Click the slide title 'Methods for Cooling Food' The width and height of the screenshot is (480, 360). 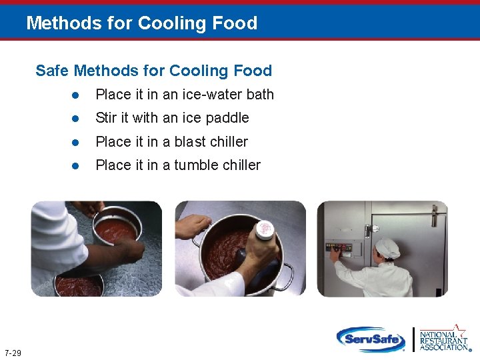[141, 23]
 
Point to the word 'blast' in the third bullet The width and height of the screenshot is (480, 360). [190, 141]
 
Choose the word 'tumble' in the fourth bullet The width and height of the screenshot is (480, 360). [195, 165]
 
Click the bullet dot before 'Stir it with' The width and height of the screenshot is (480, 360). [76, 119]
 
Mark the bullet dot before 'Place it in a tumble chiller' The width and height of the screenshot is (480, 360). [76, 165]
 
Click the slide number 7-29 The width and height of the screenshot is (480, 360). [12, 353]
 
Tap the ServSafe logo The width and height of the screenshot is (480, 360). [371, 339]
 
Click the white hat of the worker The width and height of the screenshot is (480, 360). [387, 248]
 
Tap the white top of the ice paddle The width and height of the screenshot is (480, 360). [265, 230]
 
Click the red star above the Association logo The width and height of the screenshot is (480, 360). [459, 330]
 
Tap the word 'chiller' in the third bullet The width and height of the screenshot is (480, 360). [229, 141]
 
